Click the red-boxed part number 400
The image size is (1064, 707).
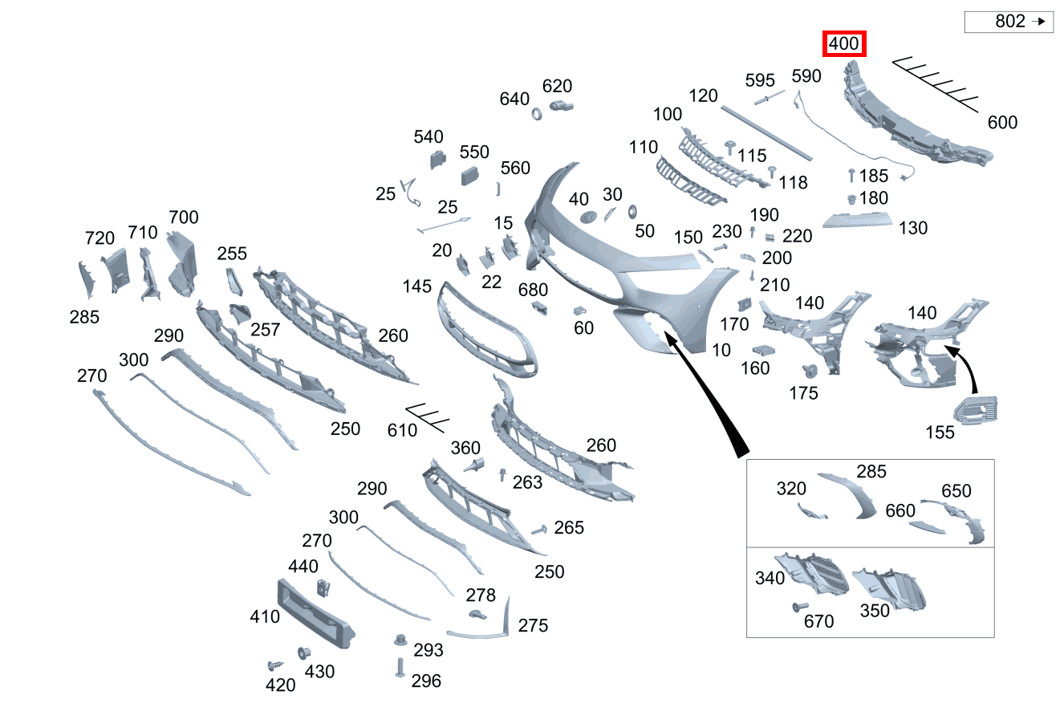point(843,43)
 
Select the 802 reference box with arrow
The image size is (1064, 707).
point(1009,22)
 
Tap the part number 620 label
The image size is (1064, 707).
point(557,86)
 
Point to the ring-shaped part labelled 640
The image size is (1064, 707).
point(537,114)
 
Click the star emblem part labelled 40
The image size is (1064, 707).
point(589,217)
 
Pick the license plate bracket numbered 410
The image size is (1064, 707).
point(316,613)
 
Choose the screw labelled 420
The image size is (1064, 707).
point(275,665)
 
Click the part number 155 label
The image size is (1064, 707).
point(940,433)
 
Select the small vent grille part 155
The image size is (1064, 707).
point(976,410)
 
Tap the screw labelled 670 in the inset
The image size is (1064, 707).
point(800,607)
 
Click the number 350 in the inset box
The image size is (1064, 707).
point(875,611)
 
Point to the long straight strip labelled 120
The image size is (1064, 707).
point(766,133)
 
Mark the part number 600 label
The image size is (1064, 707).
point(1002,123)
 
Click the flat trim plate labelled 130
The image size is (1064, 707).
point(857,220)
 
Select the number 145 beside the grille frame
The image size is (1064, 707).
point(416,286)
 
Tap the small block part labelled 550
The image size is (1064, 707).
point(469,176)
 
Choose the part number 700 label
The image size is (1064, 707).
point(183,217)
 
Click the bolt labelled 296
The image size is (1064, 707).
point(400,667)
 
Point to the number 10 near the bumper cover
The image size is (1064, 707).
point(721,350)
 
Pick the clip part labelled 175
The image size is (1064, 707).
point(810,371)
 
